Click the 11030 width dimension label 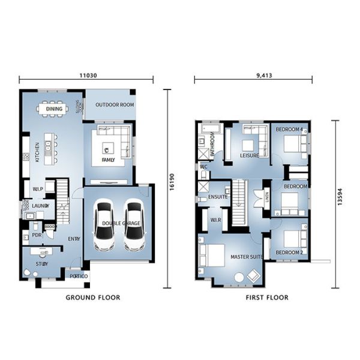[88, 77]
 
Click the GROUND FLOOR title [92, 298]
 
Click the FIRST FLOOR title [267, 298]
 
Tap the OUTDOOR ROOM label [115, 105]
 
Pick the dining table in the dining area [53, 109]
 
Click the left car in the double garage [105, 227]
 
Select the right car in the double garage [133, 227]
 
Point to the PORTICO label [79, 277]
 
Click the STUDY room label [42, 264]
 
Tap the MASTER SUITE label [247, 257]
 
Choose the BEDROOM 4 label [289, 130]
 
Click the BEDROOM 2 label [289, 253]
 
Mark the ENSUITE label [217, 197]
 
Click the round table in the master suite [239, 277]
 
